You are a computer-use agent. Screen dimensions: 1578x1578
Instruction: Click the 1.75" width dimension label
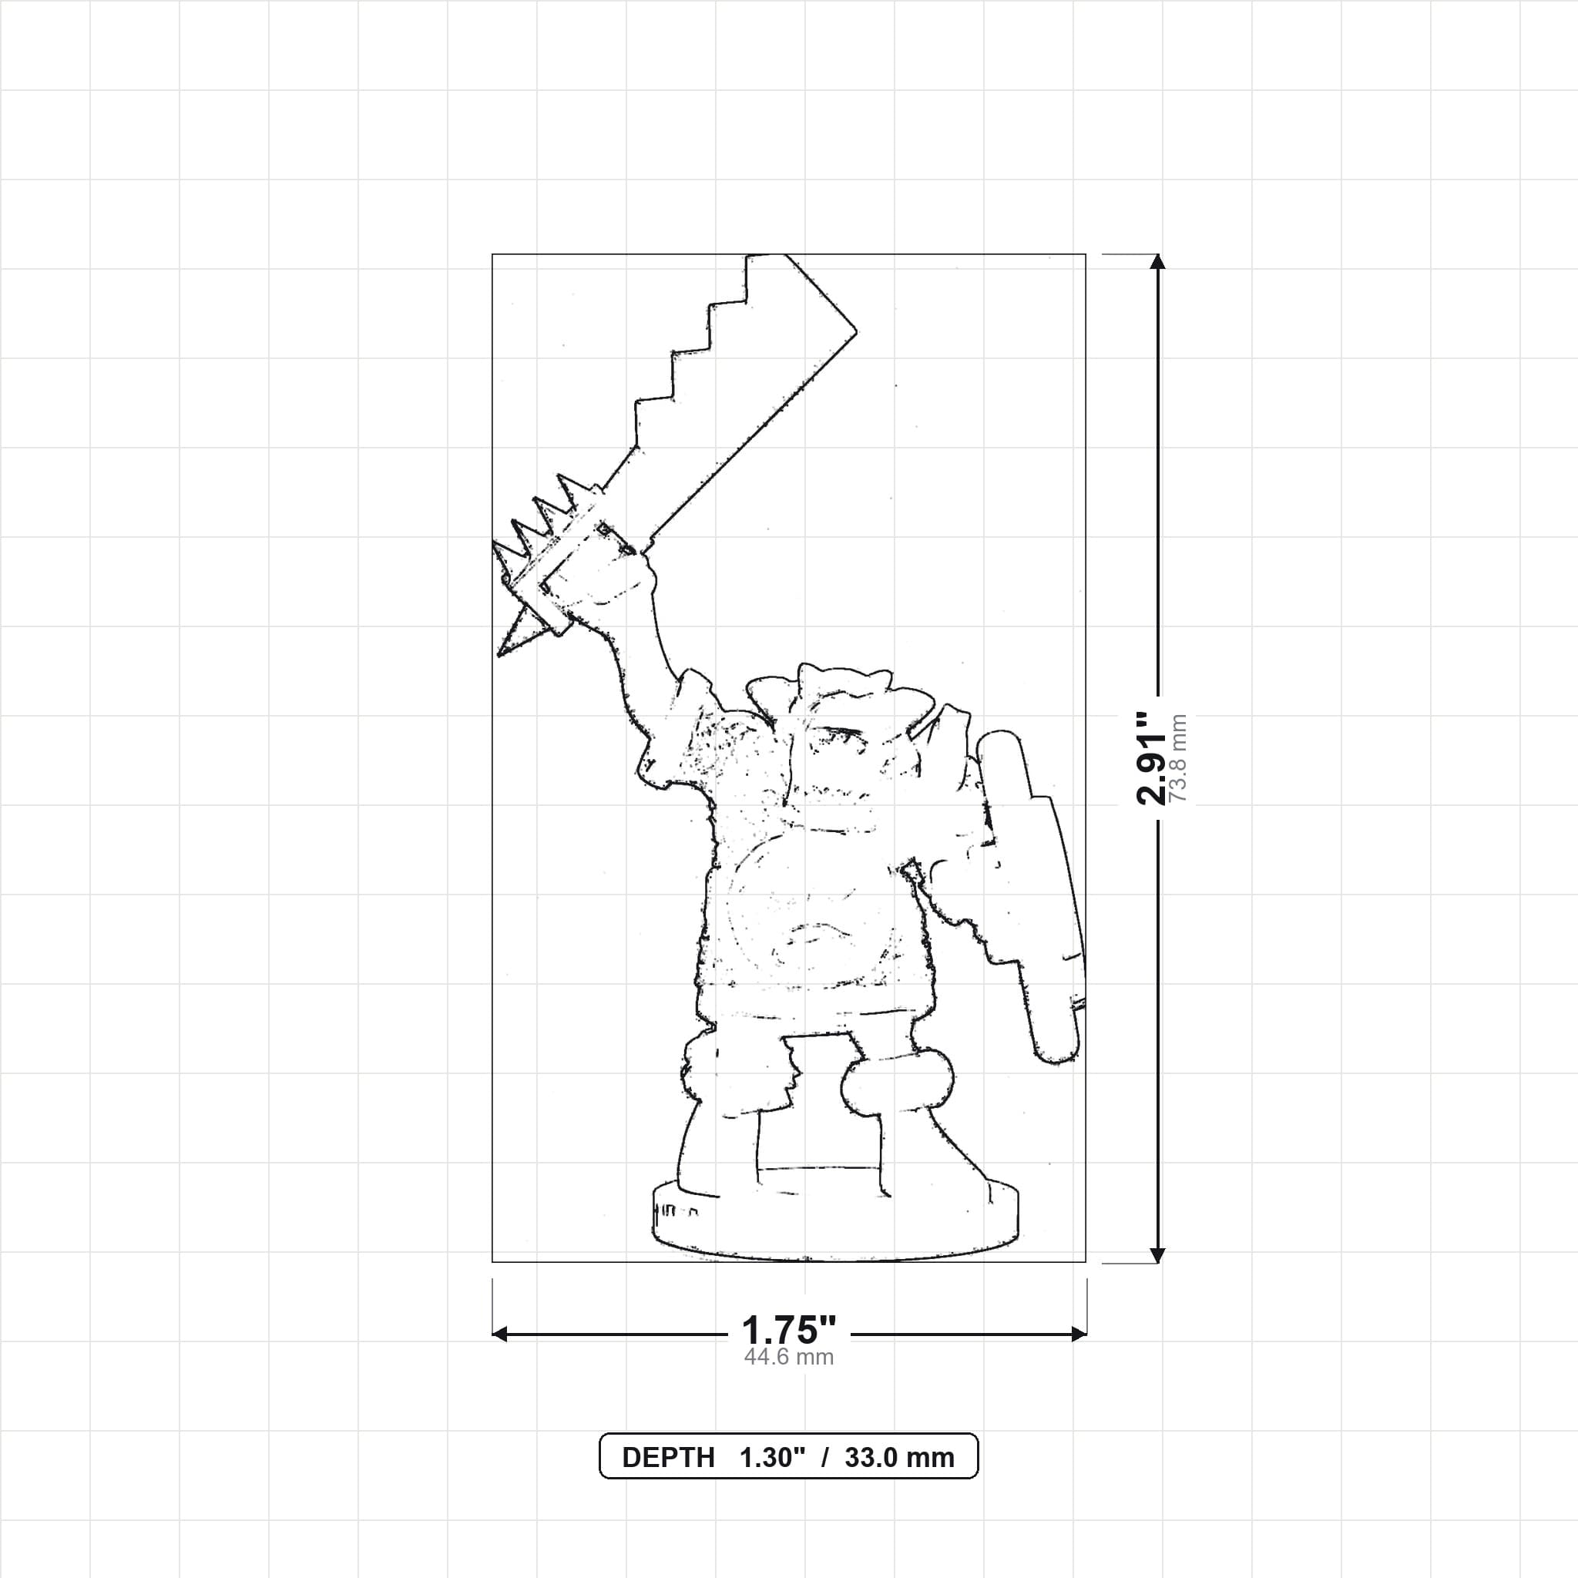coord(788,1331)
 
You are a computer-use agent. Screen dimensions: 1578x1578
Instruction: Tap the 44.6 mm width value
coord(788,1358)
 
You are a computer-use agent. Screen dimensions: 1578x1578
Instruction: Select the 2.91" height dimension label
coord(1151,759)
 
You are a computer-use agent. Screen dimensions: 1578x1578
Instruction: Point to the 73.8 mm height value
coord(1178,759)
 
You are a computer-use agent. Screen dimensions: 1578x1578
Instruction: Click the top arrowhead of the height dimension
coord(1157,261)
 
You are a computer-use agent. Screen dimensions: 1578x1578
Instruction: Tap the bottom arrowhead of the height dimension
coord(1157,1255)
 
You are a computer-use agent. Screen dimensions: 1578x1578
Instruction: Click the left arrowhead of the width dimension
coord(500,1334)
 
